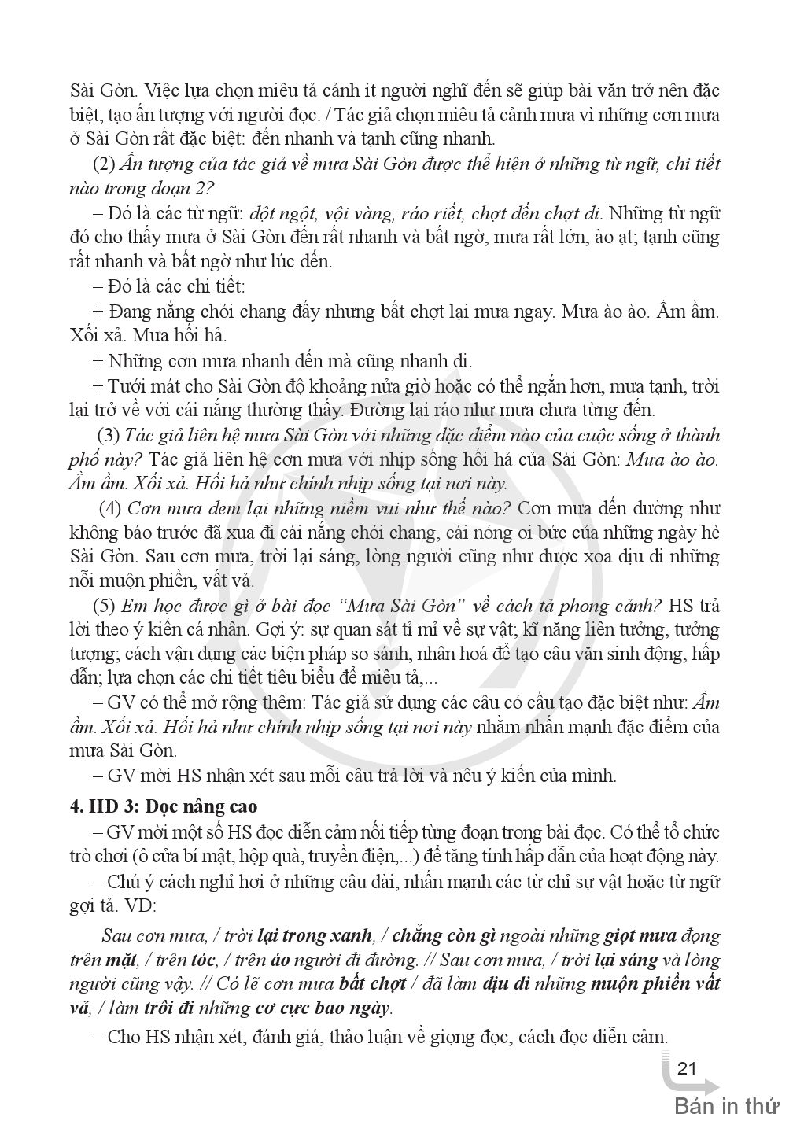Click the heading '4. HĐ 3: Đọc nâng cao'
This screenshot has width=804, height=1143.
pos(163,806)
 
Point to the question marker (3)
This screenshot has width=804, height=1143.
pos(109,435)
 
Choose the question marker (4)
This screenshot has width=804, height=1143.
pos(109,507)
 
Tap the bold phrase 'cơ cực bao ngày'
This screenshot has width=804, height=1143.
pos(323,1008)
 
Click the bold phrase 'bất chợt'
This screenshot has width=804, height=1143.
pos(373,983)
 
